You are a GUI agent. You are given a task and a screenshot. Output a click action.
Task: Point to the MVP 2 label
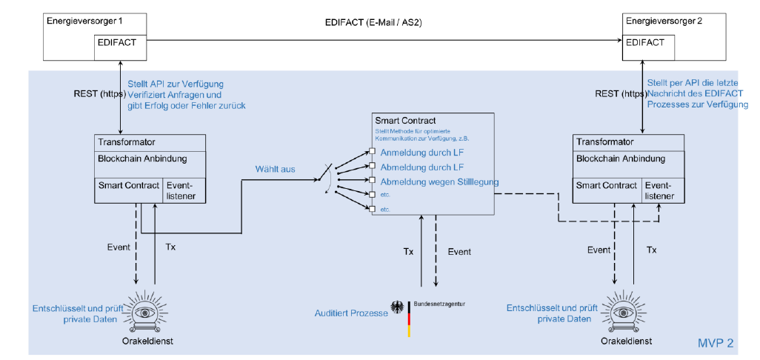point(716,344)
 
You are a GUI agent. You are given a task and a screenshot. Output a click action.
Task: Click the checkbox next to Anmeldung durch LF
point(373,153)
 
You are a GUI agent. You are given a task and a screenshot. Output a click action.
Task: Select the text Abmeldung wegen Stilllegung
point(439,181)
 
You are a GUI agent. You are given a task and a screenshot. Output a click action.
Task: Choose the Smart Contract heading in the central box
point(405,120)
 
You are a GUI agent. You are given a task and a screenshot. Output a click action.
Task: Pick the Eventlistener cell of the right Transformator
point(661,190)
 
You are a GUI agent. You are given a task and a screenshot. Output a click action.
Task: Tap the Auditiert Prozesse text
point(352,313)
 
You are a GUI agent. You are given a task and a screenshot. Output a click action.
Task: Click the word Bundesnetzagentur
point(440,304)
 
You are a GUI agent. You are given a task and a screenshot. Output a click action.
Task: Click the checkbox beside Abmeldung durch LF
point(373,167)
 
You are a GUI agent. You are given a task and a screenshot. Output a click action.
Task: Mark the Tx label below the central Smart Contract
point(408,252)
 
